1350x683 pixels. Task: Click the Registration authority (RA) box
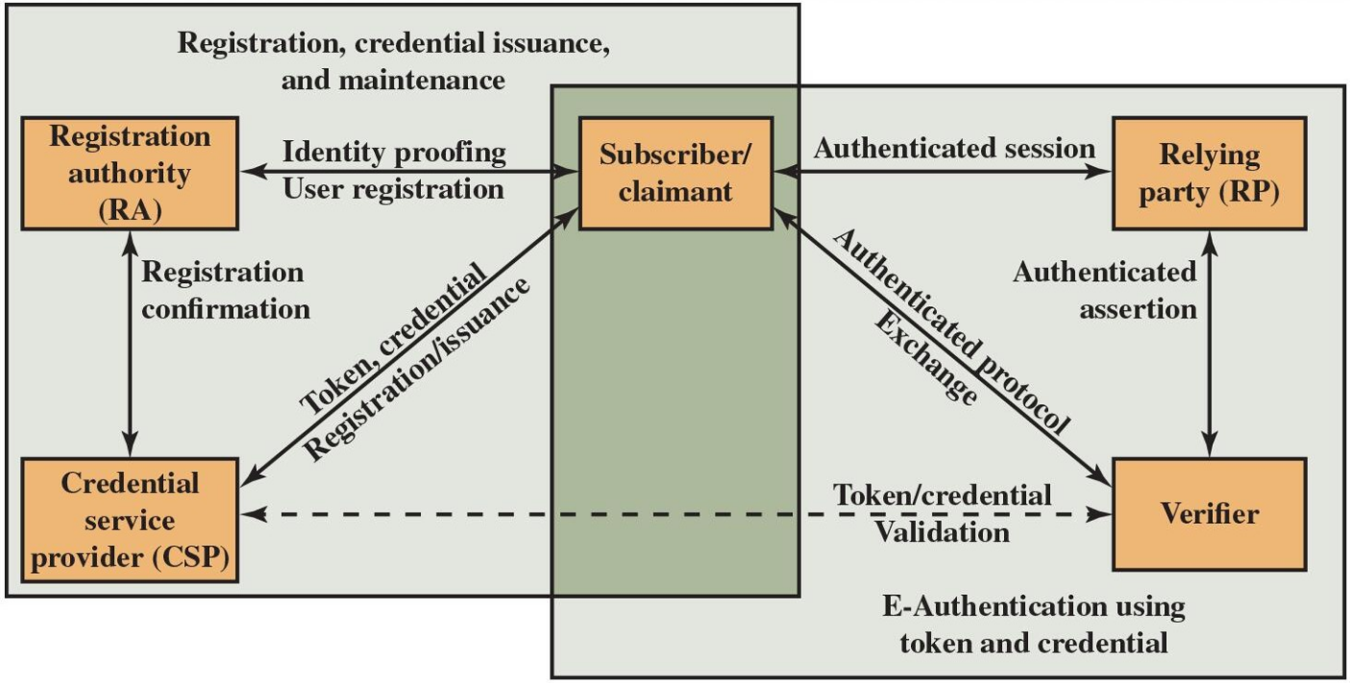pos(130,173)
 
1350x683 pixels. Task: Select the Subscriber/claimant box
pos(675,173)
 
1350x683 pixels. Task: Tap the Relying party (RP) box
pos(1209,173)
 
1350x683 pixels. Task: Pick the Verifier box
pos(1209,514)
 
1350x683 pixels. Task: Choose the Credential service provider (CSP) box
pos(130,520)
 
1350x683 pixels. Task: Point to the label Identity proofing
pos(393,151)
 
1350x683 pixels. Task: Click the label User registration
pos(393,188)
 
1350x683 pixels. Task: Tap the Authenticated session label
pos(954,149)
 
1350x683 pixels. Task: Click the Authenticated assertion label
pos(1105,290)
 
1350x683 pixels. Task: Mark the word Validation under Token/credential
pos(942,531)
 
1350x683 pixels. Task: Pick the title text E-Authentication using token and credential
pos(1034,624)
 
